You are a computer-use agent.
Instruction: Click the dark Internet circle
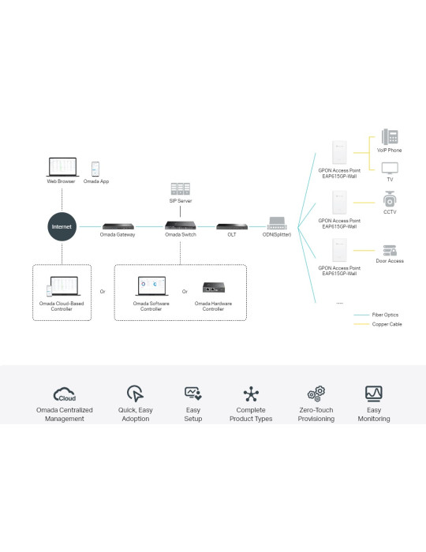pyautogui.click(x=62, y=227)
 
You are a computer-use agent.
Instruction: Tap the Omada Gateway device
pyautogui.click(x=118, y=226)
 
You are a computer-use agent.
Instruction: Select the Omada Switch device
pyautogui.click(x=180, y=225)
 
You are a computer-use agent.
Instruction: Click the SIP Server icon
pyautogui.click(x=180, y=188)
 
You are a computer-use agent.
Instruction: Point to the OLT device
pyautogui.click(x=232, y=226)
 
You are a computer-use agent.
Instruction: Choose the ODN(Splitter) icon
pyautogui.click(x=277, y=223)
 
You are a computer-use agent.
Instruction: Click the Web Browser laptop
pyautogui.click(x=62, y=167)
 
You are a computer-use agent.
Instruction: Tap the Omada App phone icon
pyautogui.click(x=95, y=169)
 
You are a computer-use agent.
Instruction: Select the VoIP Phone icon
pyautogui.click(x=390, y=136)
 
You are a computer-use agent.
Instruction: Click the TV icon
pyautogui.click(x=390, y=168)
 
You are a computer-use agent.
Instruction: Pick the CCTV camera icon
pyautogui.click(x=390, y=199)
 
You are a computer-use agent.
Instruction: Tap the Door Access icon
pyautogui.click(x=390, y=250)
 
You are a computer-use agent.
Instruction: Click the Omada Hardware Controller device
pyautogui.click(x=214, y=287)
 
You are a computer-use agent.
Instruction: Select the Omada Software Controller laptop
pyautogui.click(x=151, y=285)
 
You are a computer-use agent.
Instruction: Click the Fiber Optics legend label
pyautogui.click(x=385, y=315)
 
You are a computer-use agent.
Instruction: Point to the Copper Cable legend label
pyautogui.click(x=387, y=324)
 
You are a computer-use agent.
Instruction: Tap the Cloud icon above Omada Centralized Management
pyautogui.click(x=65, y=394)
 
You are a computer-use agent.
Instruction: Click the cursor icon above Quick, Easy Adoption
pyautogui.click(x=135, y=393)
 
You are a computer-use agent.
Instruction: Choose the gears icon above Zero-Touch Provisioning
pyautogui.click(x=316, y=393)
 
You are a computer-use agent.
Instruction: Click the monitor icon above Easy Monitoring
pyautogui.click(x=374, y=393)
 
